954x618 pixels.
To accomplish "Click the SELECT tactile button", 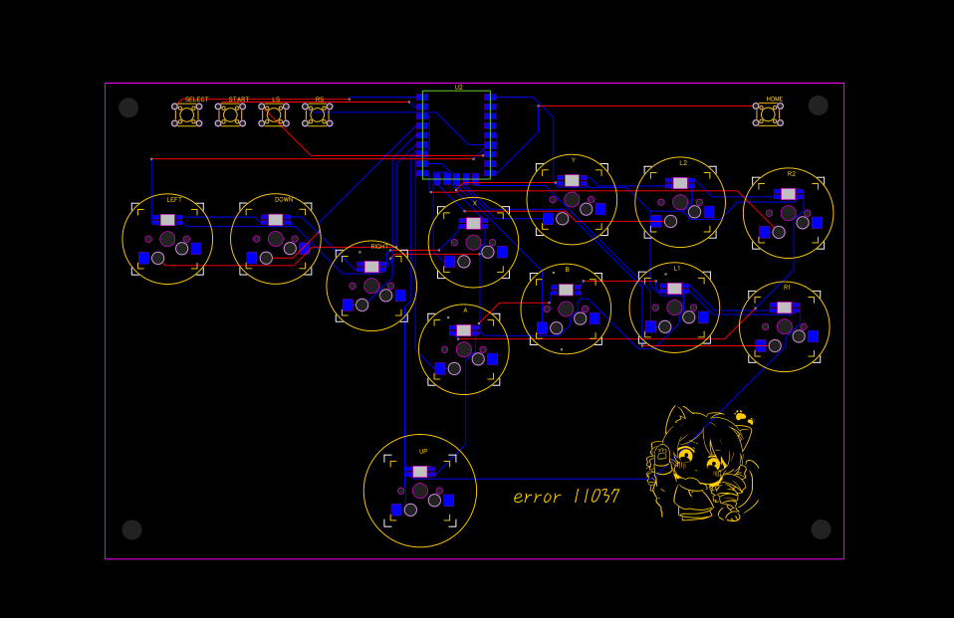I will (x=186, y=114).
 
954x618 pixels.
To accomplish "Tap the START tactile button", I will (x=230, y=114).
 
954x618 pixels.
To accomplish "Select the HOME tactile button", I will (x=768, y=113).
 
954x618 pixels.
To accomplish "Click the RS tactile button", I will (x=317, y=114).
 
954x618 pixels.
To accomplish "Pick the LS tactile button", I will (x=274, y=114).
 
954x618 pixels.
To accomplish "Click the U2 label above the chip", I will (x=459, y=88).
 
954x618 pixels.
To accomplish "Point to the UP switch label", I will (x=423, y=452).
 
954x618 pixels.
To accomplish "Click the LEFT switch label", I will (x=174, y=200).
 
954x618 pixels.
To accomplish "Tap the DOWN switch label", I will (x=284, y=200).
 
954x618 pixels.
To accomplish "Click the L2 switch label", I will (x=683, y=162).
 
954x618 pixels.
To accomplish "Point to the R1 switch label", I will (x=787, y=287).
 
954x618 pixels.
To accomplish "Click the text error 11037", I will (x=566, y=496).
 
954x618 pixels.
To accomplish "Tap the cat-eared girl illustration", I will (x=702, y=463).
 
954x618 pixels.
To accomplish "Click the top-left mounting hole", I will (x=128, y=107).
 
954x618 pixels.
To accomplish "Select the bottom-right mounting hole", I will (x=821, y=529).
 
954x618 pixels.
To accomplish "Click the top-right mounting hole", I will (x=819, y=105).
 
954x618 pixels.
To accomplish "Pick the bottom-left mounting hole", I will (x=131, y=529).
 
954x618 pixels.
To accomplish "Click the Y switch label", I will (x=574, y=160).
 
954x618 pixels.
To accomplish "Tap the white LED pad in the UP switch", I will (x=419, y=472).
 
